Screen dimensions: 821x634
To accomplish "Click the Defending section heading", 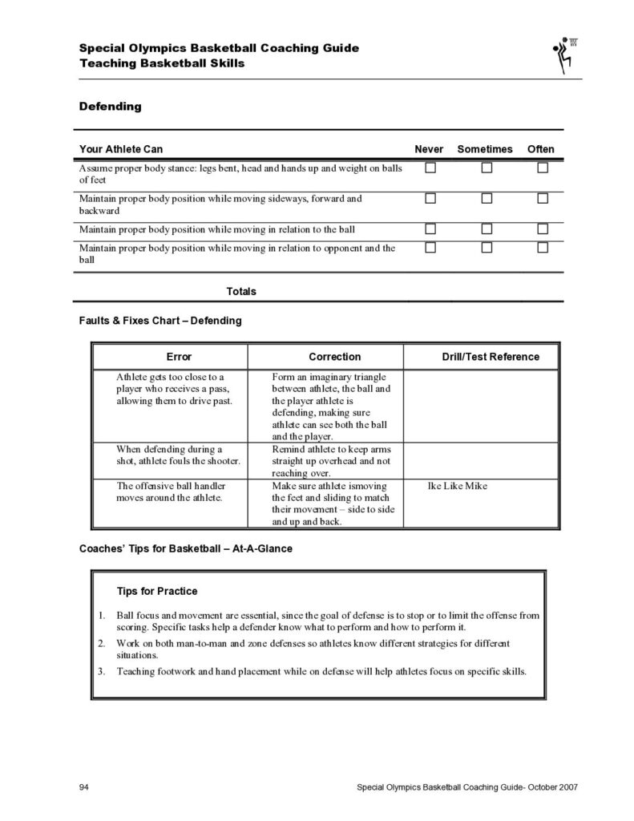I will coord(110,106).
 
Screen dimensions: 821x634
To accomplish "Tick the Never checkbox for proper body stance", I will coord(430,168).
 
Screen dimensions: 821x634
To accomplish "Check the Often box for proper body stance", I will coord(543,168).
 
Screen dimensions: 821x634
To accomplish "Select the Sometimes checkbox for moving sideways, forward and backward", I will coord(487,198).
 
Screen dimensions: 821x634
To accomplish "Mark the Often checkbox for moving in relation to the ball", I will coord(543,229).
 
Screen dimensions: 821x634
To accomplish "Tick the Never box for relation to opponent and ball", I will coord(430,248).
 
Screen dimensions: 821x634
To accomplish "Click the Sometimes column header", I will coord(485,149).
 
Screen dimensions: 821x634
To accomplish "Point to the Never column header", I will coord(429,149).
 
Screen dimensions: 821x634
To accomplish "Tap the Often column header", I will coord(540,149).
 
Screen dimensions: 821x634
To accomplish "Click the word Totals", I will coord(241,291).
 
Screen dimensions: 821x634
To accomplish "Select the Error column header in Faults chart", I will coord(179,357).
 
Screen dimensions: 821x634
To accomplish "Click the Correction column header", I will coord(335,357).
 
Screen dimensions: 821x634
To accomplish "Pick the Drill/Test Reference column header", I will coord(491,357).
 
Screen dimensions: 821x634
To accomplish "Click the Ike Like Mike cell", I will coord(459,486).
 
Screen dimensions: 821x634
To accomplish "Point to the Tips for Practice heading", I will coord(157,592).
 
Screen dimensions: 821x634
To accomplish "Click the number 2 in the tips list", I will coord(102,643).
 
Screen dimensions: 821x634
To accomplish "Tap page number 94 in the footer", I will coord(83,787).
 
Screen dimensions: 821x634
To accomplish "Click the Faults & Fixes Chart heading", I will coord(160,320).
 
